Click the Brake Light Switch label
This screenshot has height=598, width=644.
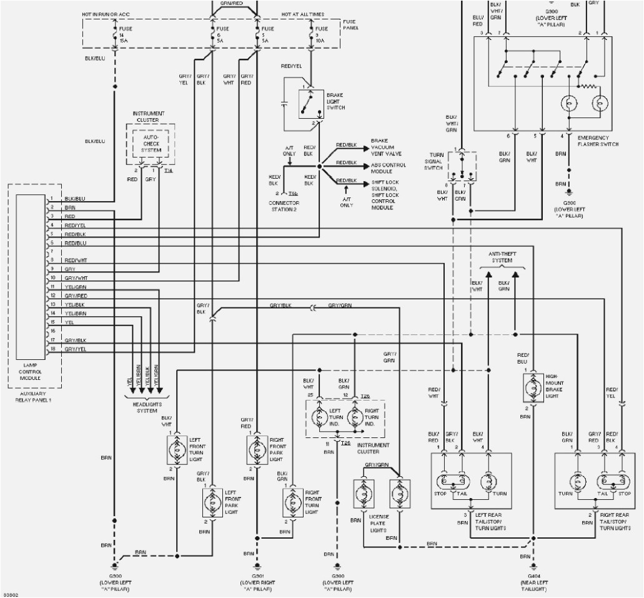point(335,101)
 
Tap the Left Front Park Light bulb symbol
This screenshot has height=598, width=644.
point(212,501)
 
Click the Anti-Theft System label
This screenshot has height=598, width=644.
point(502,257)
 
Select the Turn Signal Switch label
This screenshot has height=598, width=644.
point(434,161)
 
